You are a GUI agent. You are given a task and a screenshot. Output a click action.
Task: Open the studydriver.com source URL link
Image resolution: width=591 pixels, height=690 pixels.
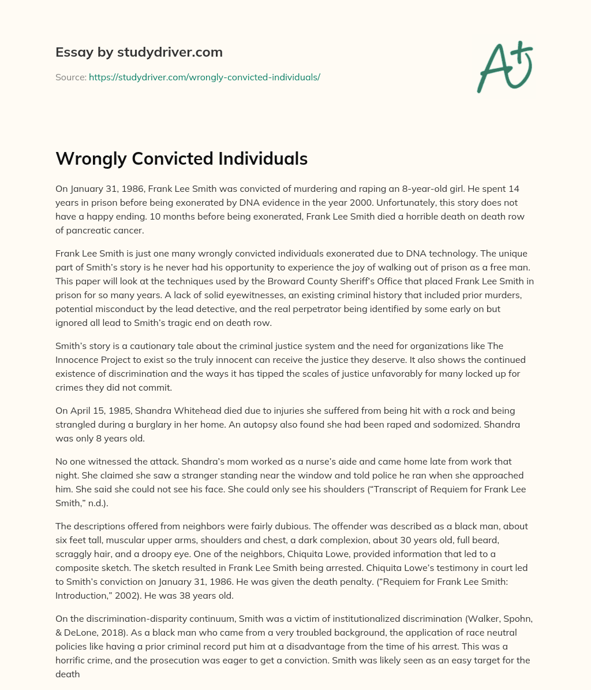click(x=204, y=77)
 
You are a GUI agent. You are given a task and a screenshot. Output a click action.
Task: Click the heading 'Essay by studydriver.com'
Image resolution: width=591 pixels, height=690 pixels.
click(x=139, y=52)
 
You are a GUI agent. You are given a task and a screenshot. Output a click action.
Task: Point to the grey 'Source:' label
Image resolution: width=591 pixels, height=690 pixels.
click(x=70, y=77)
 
